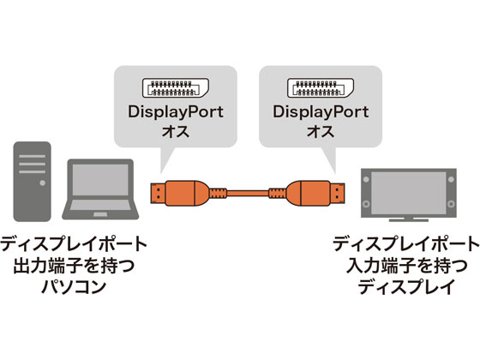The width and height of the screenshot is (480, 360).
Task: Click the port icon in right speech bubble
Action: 319,89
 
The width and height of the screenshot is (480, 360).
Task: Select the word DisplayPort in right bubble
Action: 319,112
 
